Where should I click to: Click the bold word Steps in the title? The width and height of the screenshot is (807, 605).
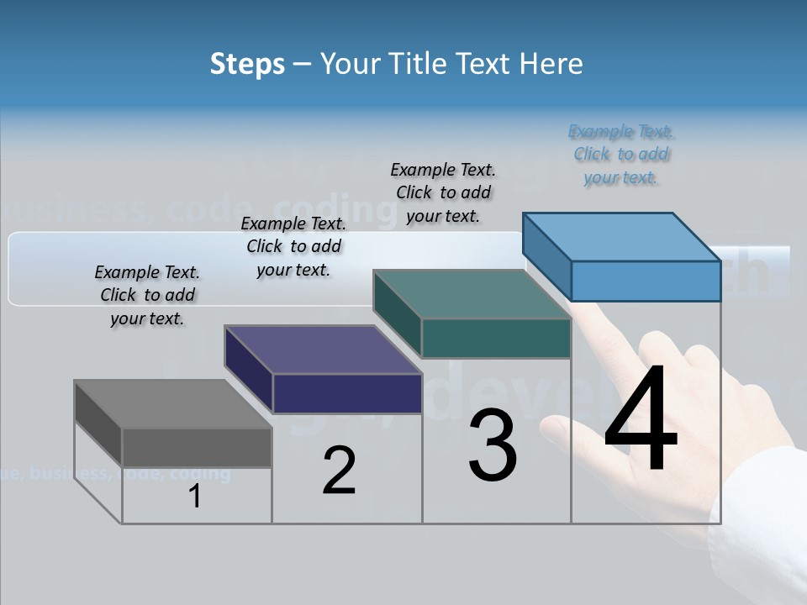point(246,64)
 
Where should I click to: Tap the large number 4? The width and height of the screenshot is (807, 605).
point(641,419)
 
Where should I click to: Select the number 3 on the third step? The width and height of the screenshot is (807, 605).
point(493,445)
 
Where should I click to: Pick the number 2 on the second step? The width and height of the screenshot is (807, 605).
point(339,471)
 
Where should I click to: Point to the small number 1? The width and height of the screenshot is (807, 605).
point(195,497)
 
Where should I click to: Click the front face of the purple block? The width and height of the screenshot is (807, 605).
point(347,393)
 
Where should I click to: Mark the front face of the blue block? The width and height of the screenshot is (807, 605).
point(646,281)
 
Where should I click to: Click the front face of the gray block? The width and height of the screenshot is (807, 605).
point(197,447)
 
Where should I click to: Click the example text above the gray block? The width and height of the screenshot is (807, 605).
point(147,295)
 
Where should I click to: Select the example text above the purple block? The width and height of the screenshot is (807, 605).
point(293,246)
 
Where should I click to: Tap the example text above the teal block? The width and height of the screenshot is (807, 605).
point(443,192)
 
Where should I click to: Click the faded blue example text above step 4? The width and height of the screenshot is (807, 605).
point(621,154)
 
